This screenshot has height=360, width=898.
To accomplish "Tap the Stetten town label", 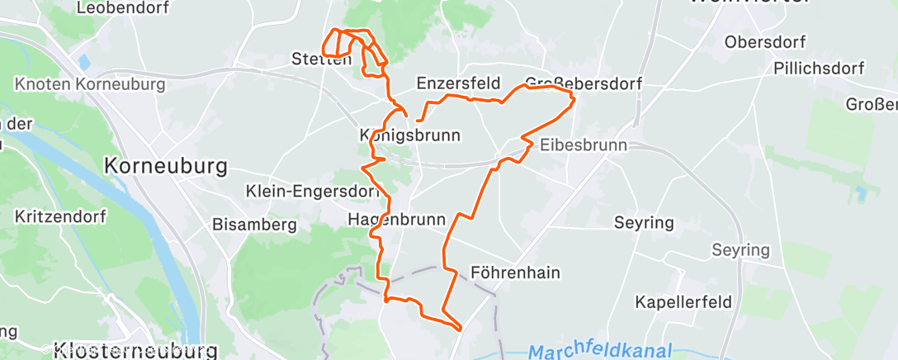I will (x=321, y=59).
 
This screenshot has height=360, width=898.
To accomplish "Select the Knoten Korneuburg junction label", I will (x=90, y=84).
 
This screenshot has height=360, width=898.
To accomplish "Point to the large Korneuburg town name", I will (x=166, y=166).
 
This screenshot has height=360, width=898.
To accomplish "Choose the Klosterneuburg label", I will (x=135, y=350).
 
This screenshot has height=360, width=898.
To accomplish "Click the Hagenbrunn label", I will (x=396, y=220).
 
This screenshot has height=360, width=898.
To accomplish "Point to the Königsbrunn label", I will (x=409, y=135).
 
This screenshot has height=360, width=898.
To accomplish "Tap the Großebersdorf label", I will (x=583, y=83).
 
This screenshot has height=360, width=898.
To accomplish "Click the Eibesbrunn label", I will (x=583, y=144).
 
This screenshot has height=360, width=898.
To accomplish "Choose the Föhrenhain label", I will (x=515, y=272).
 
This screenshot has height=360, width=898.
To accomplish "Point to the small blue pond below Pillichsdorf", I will (x=862, y=194).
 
